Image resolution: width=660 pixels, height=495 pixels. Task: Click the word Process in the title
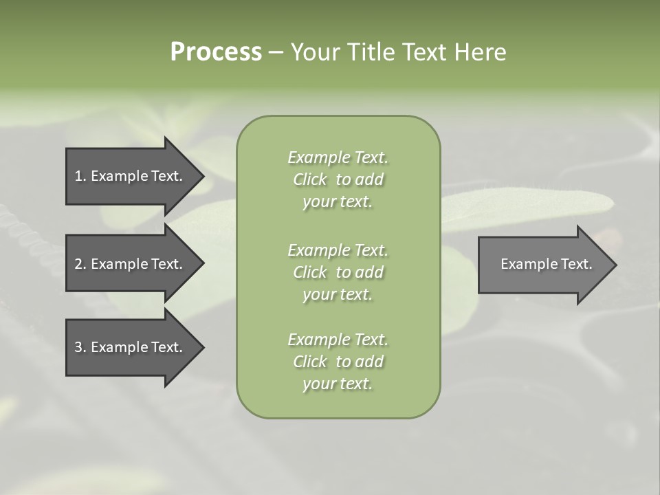point(216,52)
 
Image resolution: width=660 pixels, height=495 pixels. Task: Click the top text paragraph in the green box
point(338,179)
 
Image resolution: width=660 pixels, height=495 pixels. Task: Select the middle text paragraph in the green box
point(338,272)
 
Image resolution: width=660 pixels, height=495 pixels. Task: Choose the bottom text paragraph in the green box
point(338,362)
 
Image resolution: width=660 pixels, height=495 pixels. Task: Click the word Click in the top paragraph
point(310,179)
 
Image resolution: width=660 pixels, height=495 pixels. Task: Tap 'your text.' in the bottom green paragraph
point(338,384)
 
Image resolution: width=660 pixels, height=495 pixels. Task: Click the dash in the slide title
point(276,53)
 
